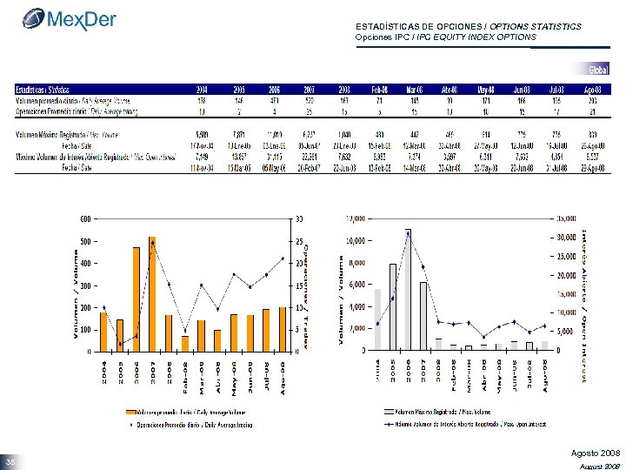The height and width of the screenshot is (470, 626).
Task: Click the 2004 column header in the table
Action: [x=201, y=90]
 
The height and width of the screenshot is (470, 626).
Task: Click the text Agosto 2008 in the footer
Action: [x=596, y=453]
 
